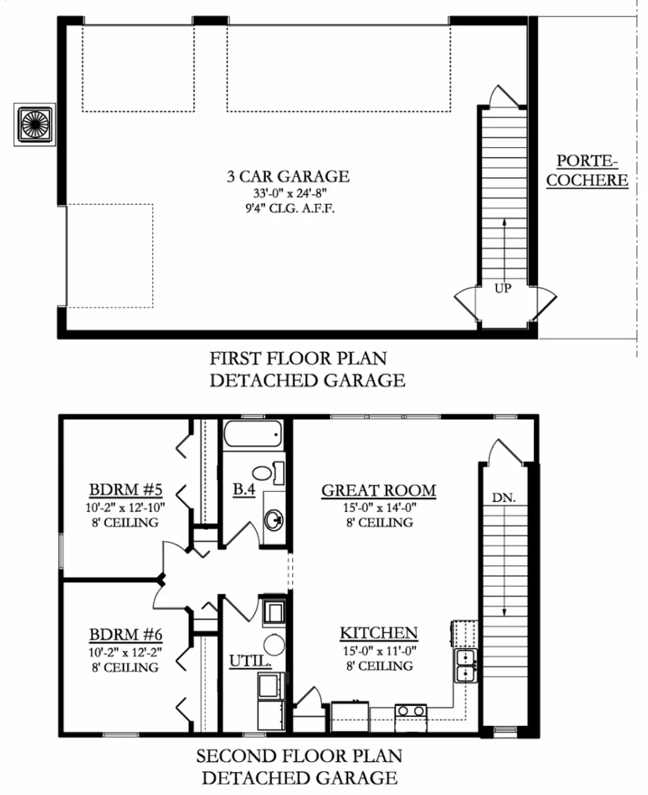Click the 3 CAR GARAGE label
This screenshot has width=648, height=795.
(288, 176)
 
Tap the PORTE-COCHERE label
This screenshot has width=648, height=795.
(587, 170)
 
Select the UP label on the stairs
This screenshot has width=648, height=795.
(503, 288)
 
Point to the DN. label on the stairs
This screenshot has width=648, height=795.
(504, 498)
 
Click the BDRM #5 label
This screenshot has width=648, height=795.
(126, 489)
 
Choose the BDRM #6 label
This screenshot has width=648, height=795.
(126, 634)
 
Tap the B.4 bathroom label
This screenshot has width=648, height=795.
(244, 489)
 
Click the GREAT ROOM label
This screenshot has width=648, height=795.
(379, 490)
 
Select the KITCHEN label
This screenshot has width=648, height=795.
(379, 633)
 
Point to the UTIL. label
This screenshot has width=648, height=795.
(250, 661)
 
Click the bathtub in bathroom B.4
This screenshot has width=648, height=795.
(253, 435)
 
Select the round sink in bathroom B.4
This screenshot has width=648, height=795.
(274, 520)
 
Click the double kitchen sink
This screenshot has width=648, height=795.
(466, 666)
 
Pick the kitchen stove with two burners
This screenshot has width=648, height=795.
(411, 718)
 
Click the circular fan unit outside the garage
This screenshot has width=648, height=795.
(34, 124)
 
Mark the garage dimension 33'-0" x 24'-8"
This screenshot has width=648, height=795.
(290, 193)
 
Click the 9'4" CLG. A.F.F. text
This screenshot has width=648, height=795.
(290, 208)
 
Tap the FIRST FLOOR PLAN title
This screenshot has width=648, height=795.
(298, 358)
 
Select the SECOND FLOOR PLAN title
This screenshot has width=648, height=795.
(299, 756)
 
